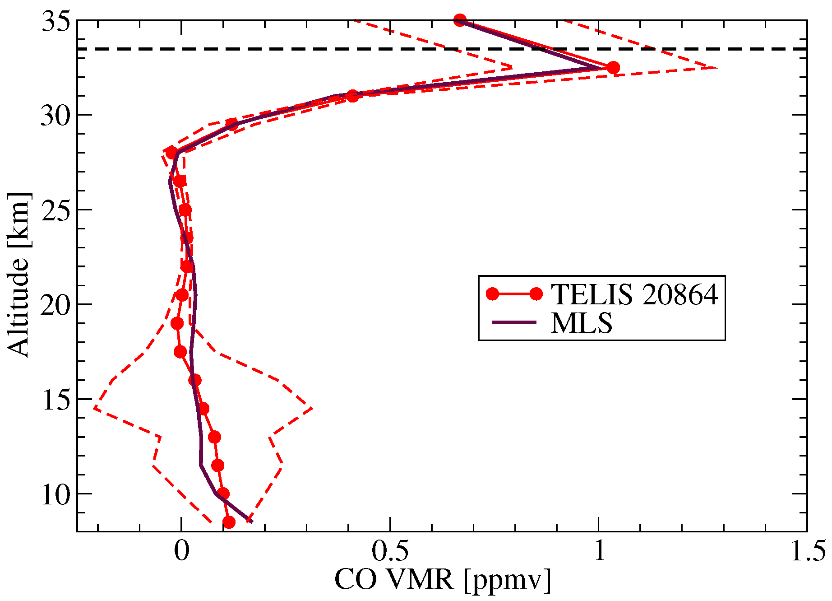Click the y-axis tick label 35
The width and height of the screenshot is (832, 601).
pyautogui.click(x=56, y=22)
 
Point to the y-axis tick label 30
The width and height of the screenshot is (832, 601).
pyautogui.click(x=56, y=116)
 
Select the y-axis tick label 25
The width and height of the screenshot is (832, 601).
pyautogui.click(x=56, y=211)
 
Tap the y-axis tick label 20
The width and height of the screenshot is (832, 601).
pyautogui.click(x=56, y=306)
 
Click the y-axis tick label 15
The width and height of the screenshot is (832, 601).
pyautogui.click(x=56, y=401)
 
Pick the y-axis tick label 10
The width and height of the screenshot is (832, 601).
pyautogui.click(x=56, y=495)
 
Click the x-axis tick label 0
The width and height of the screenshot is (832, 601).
pyautogui.click(x=181, y=551)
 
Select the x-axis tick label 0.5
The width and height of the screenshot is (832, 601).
pyautogui.click(x=390, y=551)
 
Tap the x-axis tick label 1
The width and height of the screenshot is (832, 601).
pyautogui.click(x=599, y=551)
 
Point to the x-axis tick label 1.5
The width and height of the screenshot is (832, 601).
pyautogui.click(x=807, y=551)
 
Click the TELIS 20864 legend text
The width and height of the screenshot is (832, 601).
pyautogui.click(x=634, y=294)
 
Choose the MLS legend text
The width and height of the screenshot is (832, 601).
pyautogui.click(x=582, y=323)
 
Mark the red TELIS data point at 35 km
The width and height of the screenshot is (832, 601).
pyautogui.click(x=460, y=20)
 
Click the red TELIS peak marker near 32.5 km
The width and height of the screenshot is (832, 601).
pyautogui.click(x=613, y=68)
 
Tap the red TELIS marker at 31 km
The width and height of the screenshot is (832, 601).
pyautogui.click(x=352, y=96)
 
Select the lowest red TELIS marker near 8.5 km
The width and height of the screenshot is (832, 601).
pyautogui.click(x=229, y=522)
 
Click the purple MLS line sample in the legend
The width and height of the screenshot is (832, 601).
pyautogui.click(x=514, y=322)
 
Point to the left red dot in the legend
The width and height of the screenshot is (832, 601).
pyautogui.click(x=493, y=294)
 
